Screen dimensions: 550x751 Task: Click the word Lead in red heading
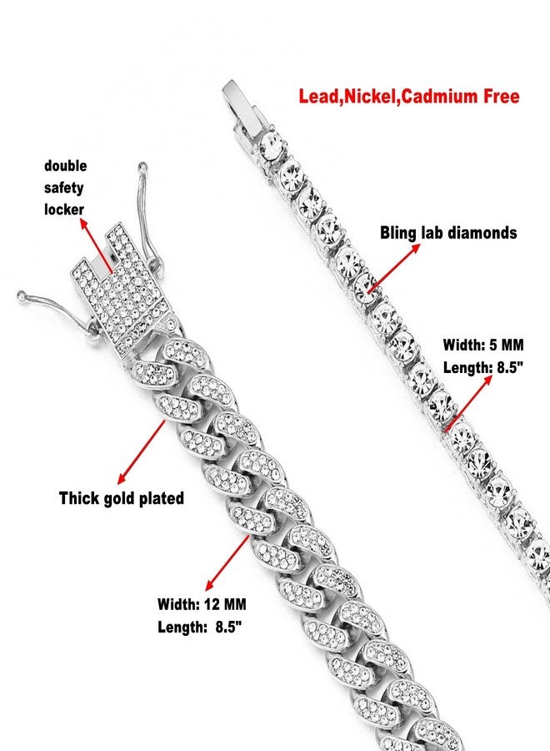click(x=318, y=96)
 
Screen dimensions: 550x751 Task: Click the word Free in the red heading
click(x=501, y=96)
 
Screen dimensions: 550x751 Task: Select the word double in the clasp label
click(x=66, y=166)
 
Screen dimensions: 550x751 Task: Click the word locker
click(x=64, y=209)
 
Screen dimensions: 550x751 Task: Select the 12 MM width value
click(x=225, y=604)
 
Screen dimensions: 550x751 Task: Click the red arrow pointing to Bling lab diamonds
click(x=393, y=268)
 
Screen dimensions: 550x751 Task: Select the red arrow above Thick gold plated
click(x=141, y=451)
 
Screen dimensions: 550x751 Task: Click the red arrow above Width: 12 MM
click(x=227, y=562)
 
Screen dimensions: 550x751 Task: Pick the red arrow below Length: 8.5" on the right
click(x=468, y=404)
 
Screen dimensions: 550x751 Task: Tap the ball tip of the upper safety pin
click(x=142, y=167)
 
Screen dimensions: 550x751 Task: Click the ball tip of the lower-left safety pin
click(x=21, y=295)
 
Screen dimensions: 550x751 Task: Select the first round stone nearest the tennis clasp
click(x=271, y=145)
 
